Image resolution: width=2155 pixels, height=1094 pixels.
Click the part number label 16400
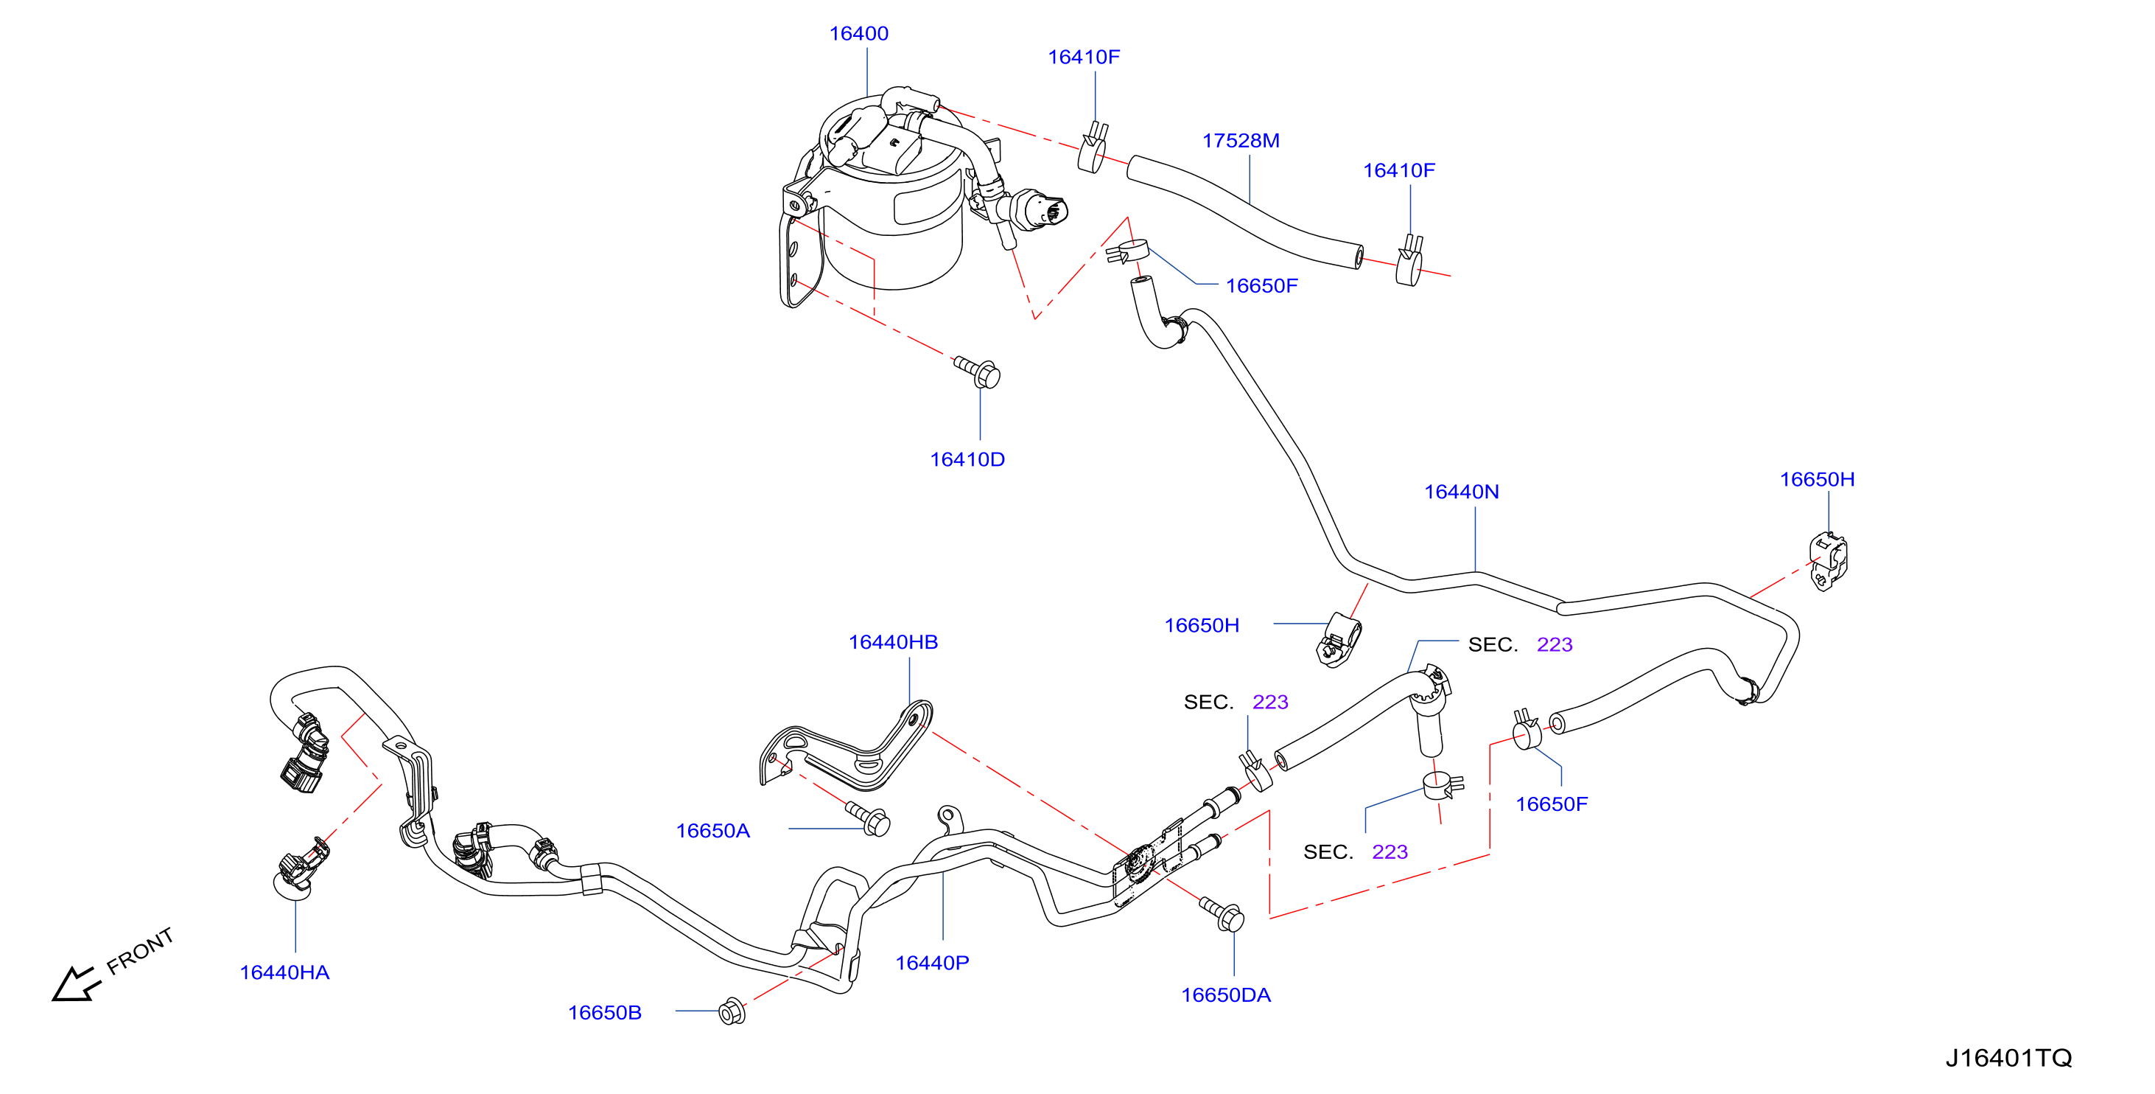pos(858,33)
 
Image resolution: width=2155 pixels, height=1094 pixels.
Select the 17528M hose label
pos(1241,141)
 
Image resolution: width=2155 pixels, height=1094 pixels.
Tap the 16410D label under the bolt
pos(967,459)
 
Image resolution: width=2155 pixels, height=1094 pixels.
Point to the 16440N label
pos(1461,492)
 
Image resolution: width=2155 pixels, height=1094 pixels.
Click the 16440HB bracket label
pos(893,642)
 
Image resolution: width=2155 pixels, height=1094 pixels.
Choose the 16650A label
pos(712,831)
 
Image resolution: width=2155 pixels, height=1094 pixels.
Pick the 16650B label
pos(605,1013)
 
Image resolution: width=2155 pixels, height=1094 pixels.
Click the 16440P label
pos(932,964)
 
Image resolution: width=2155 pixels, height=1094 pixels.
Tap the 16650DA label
pos(1225,995)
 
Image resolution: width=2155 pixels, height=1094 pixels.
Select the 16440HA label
pos(284,972)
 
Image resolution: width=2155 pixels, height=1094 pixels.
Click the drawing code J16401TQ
pos(2008,1058)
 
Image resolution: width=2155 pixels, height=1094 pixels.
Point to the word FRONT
pos(140,951)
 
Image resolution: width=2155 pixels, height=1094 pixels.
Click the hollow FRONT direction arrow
pos(75,983)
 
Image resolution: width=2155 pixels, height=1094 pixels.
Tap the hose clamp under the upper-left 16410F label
pos(1093,147)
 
